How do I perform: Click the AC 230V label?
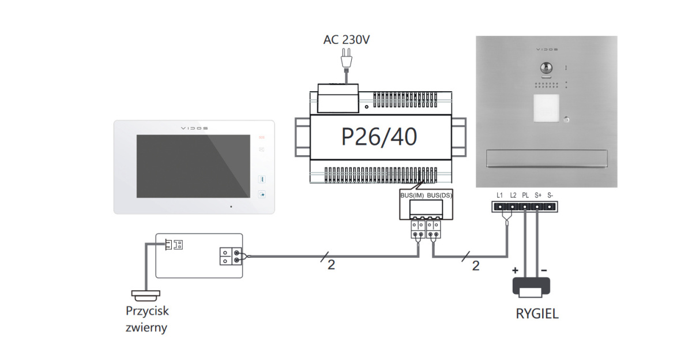pos(347,40)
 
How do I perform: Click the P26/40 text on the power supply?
pos(379,137)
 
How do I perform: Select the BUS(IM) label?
pos(412,196)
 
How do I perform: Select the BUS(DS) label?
pos(439,196)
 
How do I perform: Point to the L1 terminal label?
pos(499,196)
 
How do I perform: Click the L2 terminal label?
pos(513,196)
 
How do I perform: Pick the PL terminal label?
pos(525,196)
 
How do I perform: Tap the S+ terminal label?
pos(538,196)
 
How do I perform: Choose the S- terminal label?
pos(550,196)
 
